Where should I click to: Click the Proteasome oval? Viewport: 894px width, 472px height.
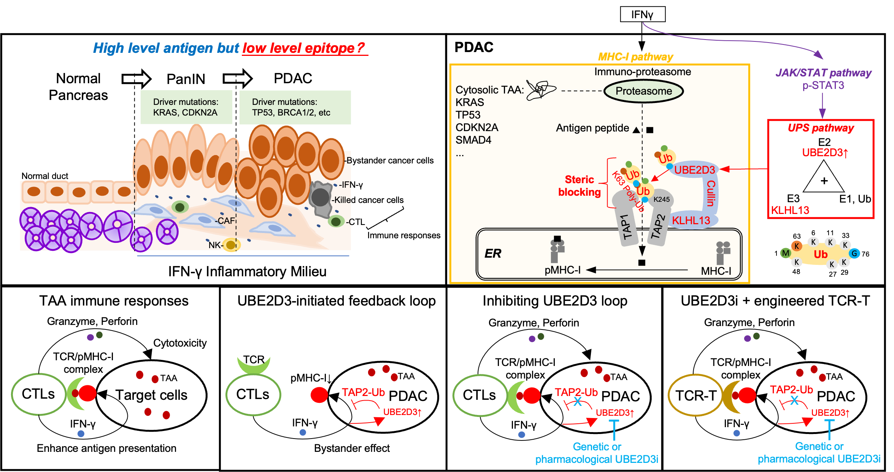point(643,91)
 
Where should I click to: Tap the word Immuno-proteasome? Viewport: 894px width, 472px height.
point(642,72)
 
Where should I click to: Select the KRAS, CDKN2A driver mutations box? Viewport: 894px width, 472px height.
point(186,107)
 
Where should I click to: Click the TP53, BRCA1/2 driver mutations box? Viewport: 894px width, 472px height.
point(295,107)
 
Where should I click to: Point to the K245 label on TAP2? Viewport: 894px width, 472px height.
point(661,200)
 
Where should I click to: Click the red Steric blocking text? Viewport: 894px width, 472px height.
point(579,186)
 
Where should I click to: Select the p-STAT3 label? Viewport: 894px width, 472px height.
point(823,86)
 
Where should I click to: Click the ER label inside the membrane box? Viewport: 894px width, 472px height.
point(493,253)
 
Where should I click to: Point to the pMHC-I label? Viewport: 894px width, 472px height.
point(562,270)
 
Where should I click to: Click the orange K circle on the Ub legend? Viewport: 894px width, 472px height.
point(796,246)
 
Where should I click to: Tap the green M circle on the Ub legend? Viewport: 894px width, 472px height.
point(785,253)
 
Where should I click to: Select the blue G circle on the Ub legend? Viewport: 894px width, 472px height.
point(854,253)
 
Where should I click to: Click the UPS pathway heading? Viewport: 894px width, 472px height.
point(821,128)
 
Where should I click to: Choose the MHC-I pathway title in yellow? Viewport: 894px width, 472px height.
point(635,57)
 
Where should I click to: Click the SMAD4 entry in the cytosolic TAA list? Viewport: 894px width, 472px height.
point(473,140)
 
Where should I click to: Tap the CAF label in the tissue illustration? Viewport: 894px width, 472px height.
point(226,221)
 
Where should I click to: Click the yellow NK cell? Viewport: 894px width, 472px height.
point(230,245)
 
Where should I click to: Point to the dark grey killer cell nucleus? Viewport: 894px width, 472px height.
point(320,198)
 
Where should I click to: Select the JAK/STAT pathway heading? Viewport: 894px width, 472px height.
point(823,73)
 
